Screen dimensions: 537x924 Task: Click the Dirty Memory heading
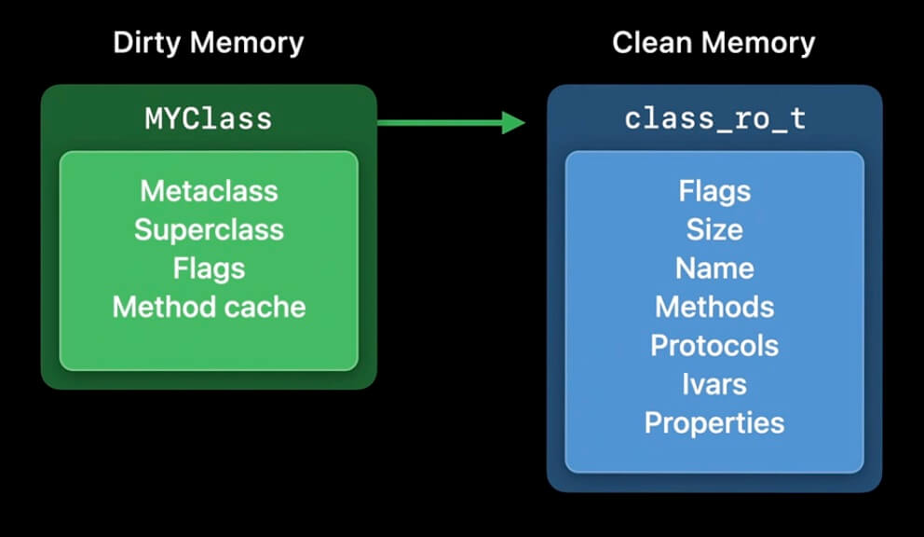pos(209,43)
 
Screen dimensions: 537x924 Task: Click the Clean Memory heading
pos(713,43)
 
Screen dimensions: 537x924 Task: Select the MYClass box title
pos(209,118)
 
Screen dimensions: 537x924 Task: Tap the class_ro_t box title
pos(714,119)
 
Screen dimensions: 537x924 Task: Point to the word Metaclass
pos(209,191)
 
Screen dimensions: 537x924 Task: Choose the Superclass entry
pos(209,229)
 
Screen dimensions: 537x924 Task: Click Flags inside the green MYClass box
pos(209,268)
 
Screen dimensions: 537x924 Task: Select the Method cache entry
pos(209,307)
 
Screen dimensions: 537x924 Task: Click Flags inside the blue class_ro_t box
pos(714,191)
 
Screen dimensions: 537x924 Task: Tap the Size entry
pos(714,229)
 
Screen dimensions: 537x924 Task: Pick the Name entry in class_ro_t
pos(714,268)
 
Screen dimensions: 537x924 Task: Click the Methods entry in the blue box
pos(714,307)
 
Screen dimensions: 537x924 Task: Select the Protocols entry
pos(714,346)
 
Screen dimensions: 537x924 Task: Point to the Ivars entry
pos(714,384)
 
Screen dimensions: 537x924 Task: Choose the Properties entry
pos(714,423)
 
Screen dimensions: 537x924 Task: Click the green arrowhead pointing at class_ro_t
pos(513,122)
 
